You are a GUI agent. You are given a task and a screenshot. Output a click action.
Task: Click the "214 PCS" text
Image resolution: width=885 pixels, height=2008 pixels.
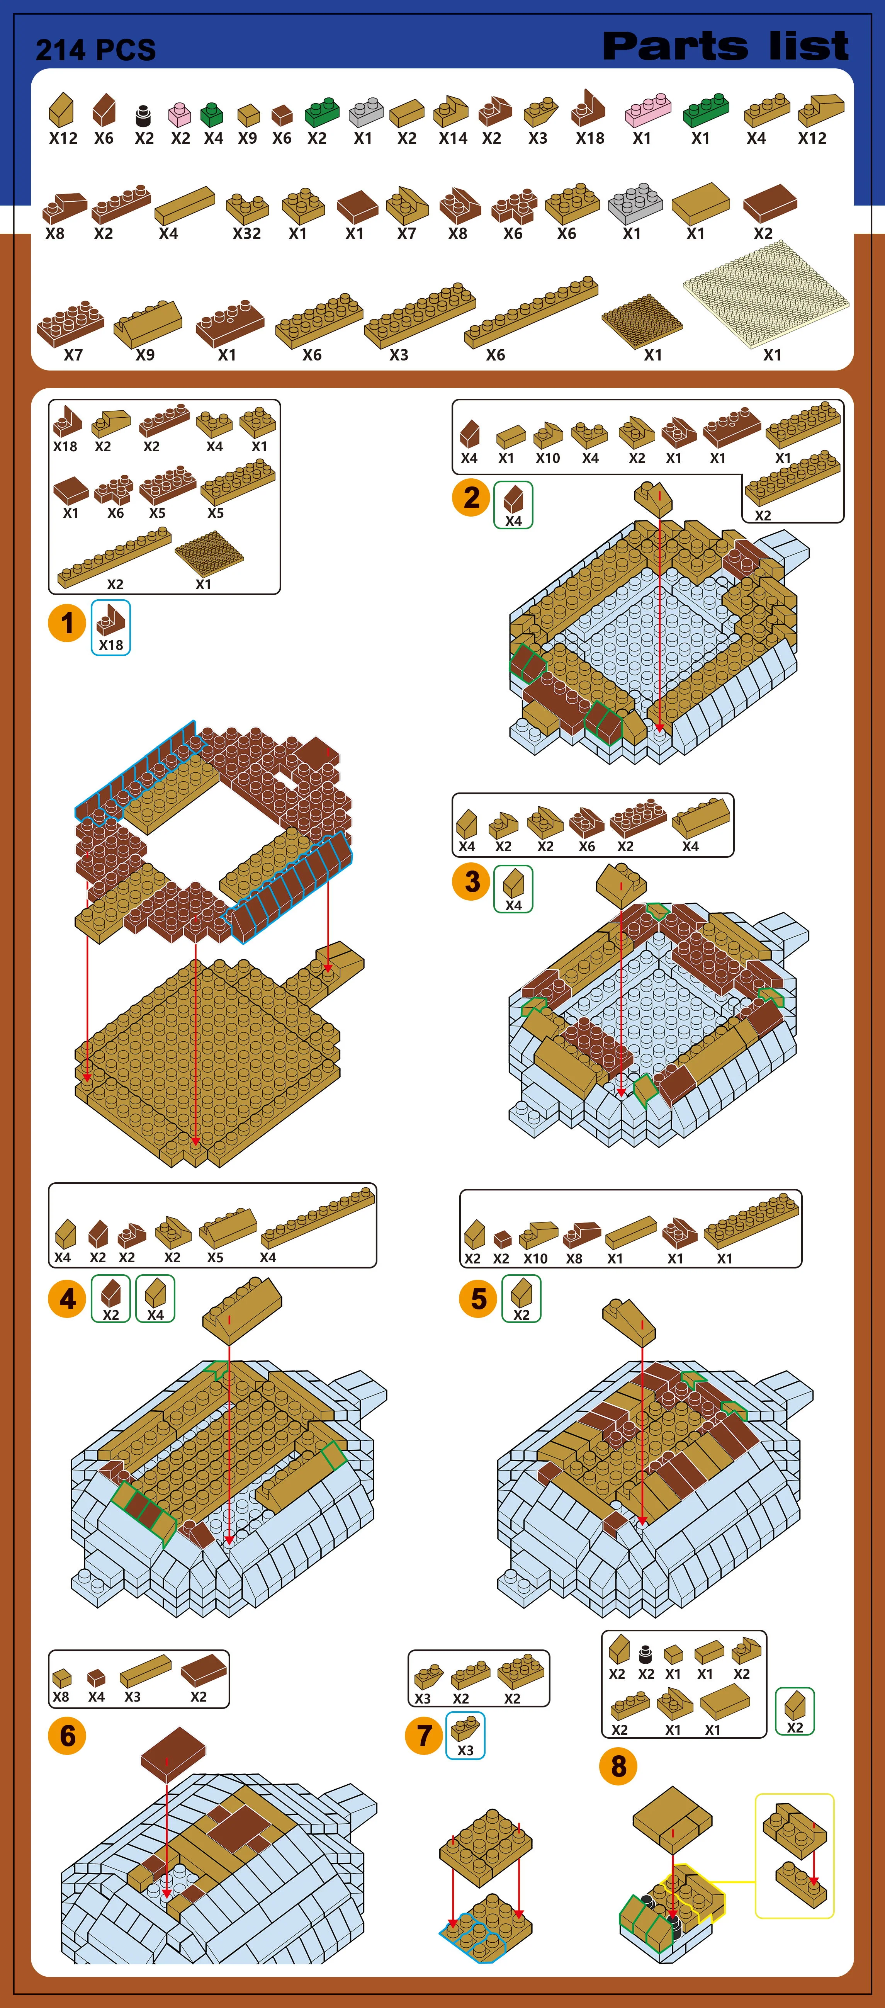96,50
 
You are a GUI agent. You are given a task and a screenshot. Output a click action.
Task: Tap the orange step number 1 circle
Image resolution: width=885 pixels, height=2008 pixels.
67,623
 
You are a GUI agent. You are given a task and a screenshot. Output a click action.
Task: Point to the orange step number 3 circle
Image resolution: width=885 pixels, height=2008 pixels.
471,882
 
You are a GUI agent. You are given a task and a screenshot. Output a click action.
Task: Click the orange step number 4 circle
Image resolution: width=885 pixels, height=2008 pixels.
67,1299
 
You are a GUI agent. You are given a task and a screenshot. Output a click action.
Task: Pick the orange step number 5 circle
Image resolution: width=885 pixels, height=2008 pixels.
478,1299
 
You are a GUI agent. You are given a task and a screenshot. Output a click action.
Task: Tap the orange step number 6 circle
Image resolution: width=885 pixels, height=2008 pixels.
67,1736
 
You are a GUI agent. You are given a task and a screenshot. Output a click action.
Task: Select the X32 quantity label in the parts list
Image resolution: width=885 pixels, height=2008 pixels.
246,233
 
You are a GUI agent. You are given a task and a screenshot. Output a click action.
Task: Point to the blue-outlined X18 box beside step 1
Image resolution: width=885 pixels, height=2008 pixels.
110,627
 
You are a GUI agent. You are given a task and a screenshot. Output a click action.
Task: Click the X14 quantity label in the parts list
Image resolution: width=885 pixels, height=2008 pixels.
453,138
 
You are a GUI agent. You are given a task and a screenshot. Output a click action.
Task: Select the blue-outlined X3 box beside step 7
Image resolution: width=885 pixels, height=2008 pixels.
465,1735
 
